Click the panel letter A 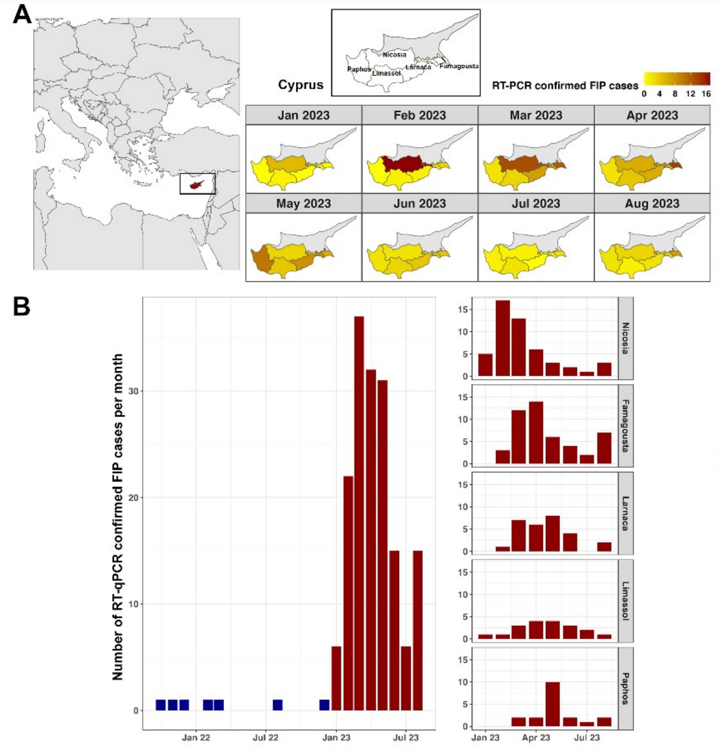click(22, 14)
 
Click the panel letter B click(21, 306)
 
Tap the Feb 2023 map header click(419, 115)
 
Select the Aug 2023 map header click(652, 204)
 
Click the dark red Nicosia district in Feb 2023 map click(402, 163)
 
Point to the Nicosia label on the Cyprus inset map click(394, 54)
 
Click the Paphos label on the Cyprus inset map click(358, 69)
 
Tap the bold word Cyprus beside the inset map click(301, 85)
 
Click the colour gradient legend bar click(677, 79)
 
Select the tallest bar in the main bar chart click(359, 512)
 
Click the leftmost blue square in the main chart click(161, 705)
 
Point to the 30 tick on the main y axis click(133, 391)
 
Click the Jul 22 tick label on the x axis click(265, 737)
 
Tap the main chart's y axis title click(118, 517)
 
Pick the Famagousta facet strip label click(625, 426)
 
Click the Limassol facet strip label click(625, 601)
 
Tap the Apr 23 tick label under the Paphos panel click(536, 737)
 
